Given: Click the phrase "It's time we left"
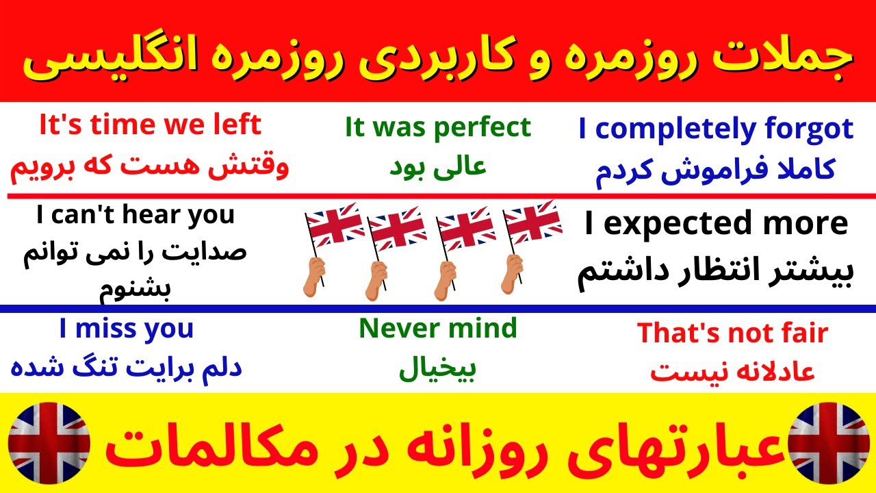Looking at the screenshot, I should click(150, 126).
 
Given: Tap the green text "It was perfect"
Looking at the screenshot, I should click(437, 127).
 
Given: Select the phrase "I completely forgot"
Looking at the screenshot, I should click(716, 129).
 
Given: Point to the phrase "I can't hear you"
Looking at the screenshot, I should click(135, 216).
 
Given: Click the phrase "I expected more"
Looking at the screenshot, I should click(716, 224).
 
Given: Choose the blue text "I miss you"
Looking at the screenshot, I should click(127, 329).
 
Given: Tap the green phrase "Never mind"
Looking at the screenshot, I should click(437, 329).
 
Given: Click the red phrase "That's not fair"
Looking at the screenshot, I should click(732, 333).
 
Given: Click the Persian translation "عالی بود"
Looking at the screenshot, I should click(437, 167).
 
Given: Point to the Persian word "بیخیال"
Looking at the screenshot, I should click(437, 370).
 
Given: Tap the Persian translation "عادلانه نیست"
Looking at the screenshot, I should click(732, 372).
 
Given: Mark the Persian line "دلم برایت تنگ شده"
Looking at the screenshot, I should click(127, 367).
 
